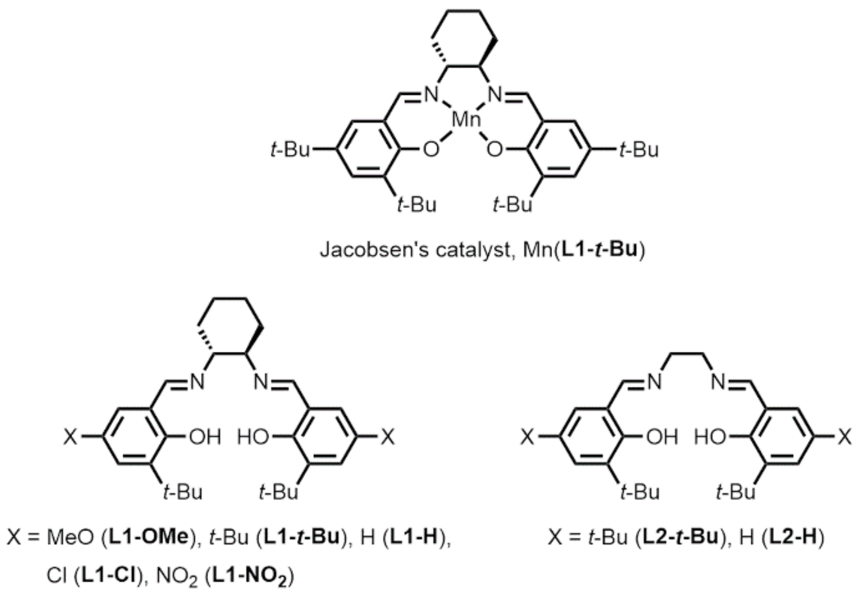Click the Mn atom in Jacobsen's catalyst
pyautogui.click(x=466, y=120)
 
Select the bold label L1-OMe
pyautogui.click(x=149, y=537)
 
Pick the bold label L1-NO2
pyautogui.click(x=251, y=576)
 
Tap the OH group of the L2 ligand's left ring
pyautogui.click(x=662, y=437)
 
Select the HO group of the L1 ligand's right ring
pyautogui.click(x=253, y=437)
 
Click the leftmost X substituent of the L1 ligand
pyautogui.click(x=70, y=437)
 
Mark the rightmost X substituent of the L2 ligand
pyautogui.click(x=844, y=437)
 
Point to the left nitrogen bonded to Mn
pyautogui.click(x=431, y=95)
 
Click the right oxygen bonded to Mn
pyautogui.click(x=495, y=149)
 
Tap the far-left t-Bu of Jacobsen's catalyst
pyautogui.click(x=290, y=149)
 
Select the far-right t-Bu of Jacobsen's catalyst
pyautogui.click(x=639, y=149)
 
